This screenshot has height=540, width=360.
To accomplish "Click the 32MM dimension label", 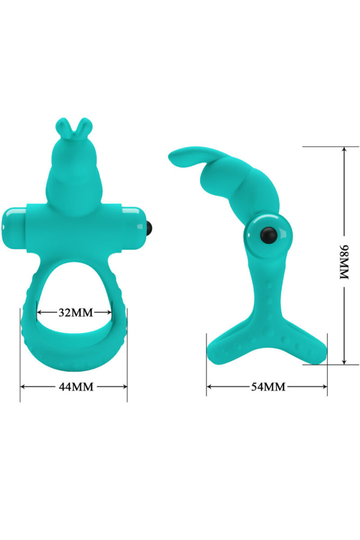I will [75, 312].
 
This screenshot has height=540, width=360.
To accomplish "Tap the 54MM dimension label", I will [268, 386].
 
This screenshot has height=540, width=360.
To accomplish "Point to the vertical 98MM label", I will [344, 261].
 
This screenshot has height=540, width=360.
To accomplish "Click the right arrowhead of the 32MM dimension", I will [112, 312].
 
